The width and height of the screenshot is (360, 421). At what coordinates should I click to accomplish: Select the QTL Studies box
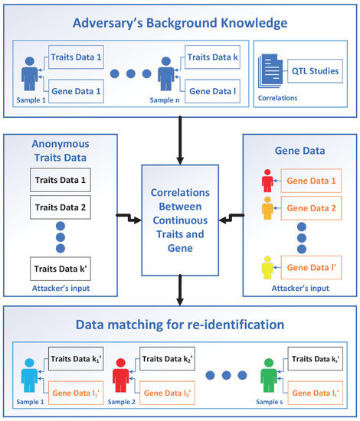(x=312, y=71)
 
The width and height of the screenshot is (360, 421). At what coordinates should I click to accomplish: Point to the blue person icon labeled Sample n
(x=164, y=79)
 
